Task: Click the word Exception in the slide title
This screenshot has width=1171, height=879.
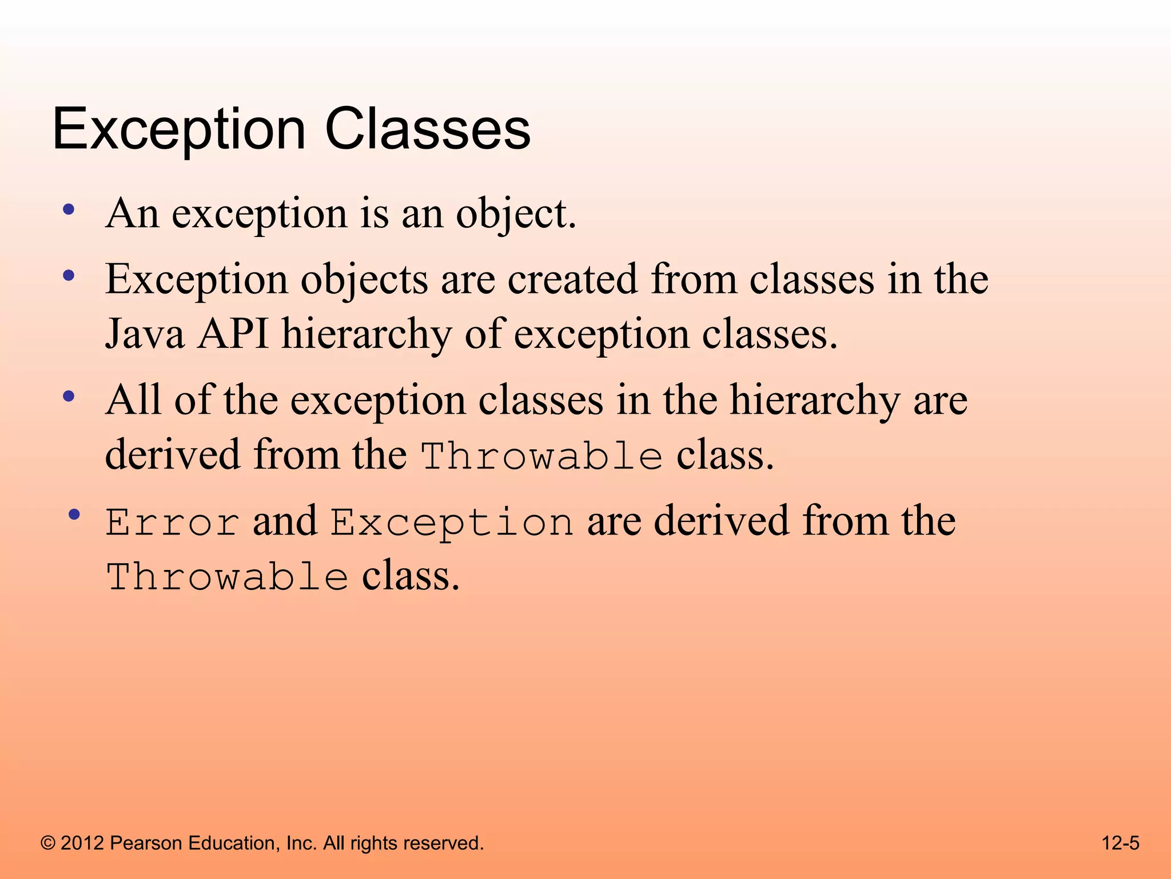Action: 178,130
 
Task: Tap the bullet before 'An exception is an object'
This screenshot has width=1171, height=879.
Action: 69,210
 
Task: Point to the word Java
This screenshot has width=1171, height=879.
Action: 145,334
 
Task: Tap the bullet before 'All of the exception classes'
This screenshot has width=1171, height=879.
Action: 69,396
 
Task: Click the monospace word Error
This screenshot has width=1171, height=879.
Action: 172,522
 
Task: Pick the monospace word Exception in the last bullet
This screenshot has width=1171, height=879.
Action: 452,522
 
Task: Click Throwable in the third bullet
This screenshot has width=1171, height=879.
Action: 541,456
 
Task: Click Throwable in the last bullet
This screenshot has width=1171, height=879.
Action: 227,577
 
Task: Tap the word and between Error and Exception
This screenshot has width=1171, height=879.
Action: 285,521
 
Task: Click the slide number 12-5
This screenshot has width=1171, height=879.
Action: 1120,843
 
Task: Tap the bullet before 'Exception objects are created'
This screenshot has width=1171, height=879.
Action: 69,276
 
